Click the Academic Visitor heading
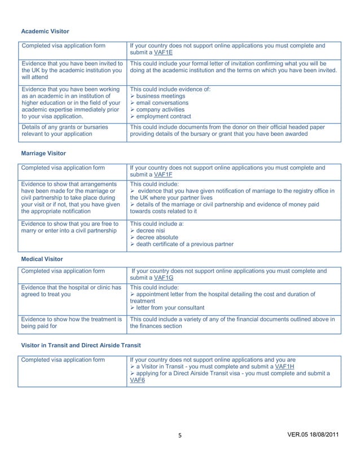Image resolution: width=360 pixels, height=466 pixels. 45,31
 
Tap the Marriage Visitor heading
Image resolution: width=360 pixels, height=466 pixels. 43,153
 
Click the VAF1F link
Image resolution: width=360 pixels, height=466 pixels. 164,175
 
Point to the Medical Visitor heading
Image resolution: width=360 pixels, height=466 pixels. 42,259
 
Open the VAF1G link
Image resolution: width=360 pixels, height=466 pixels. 164,278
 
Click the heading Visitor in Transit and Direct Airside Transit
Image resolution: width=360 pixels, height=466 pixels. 81,345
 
